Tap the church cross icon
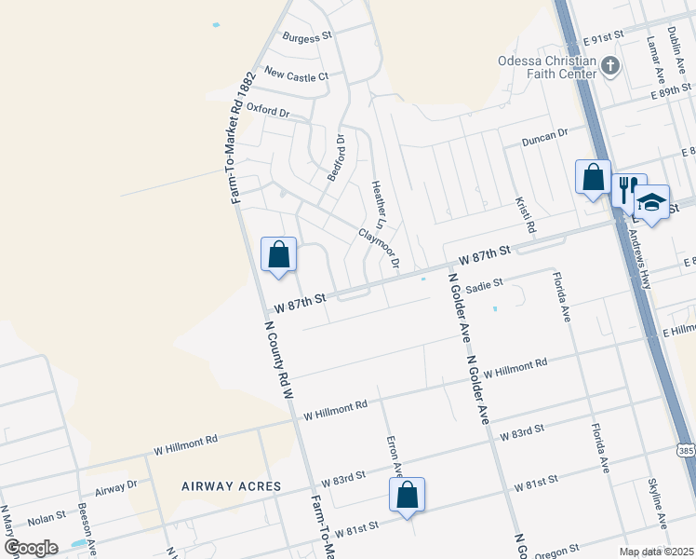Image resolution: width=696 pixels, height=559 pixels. tap(610, 65)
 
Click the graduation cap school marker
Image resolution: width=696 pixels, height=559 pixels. tap(651, 201)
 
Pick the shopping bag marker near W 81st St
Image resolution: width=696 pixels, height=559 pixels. tap(408, 496)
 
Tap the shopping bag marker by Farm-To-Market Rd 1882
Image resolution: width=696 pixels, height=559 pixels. tap(278, 254)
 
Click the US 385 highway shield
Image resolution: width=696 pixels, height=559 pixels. tap(686, 451)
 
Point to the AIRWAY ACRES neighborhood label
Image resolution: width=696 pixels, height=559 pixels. tap(226, 486)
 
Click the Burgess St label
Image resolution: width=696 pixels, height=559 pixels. tap(307, 37)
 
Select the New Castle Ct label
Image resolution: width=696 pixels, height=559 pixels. tap(297, 75)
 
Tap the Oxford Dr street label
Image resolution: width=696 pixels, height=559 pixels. tap(269, 111)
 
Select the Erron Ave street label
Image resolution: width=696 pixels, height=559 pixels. tap(395, 457)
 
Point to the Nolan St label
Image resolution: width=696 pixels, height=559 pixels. tap(46, 514)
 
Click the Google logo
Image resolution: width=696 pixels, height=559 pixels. tap(31, 547)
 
